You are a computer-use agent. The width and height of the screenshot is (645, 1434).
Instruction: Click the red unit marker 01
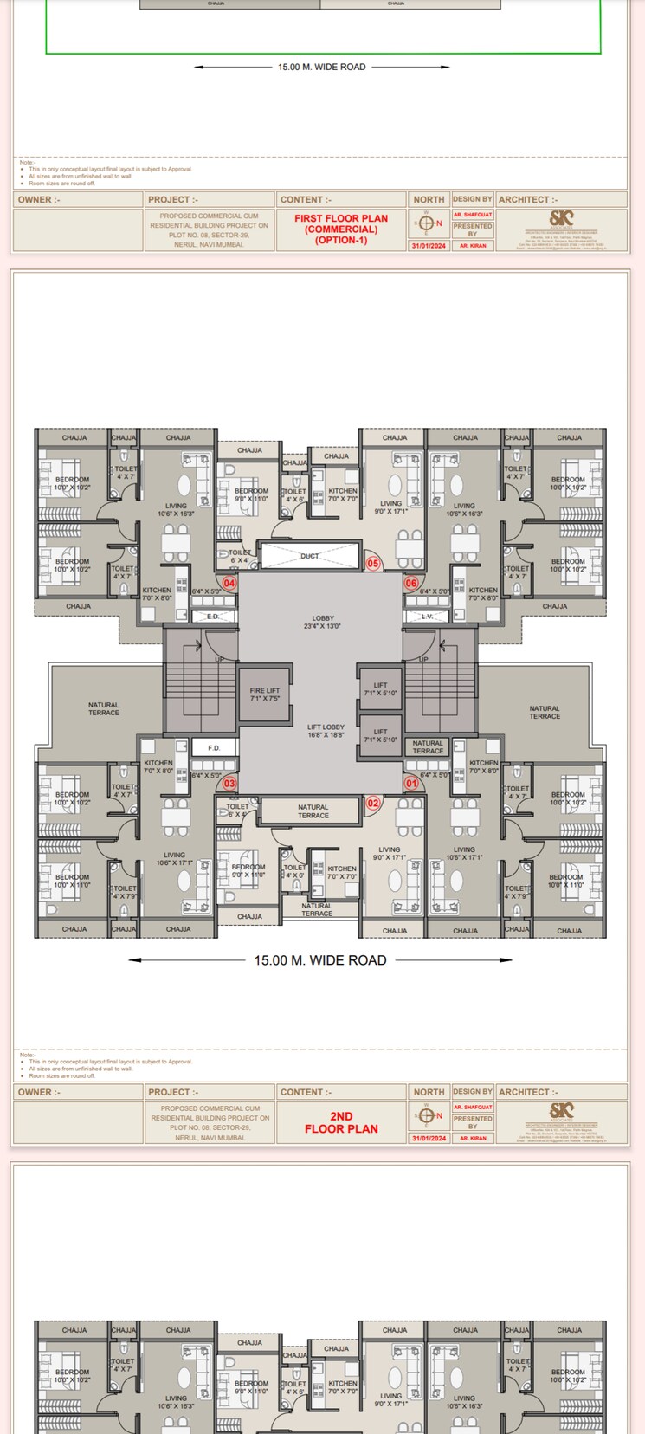pyautogui.click(x=411, y=784)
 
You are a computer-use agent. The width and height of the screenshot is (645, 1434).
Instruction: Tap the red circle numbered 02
pyautogui.click(x=373, y=803)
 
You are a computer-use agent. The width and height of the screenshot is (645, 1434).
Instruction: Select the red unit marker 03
pyautogui.click(x=229, y=784)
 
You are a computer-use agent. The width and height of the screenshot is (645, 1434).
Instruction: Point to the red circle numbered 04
pyautogui.click(x=229, y=583)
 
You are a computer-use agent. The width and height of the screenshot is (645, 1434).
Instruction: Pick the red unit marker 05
pyautogui.click(x=373, y=564)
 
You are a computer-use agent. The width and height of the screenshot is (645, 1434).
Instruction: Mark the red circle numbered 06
pyautogui.click(x=411, y=583)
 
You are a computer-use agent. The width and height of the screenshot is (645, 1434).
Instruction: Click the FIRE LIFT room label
pyautogui.click(x=265, y=694)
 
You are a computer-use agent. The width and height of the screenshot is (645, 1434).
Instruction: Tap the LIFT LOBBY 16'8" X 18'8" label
pyautogui.click(x=326, y=731)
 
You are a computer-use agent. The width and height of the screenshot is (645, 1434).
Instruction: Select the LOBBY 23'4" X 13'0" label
pyautogui.click(x=323, y=622)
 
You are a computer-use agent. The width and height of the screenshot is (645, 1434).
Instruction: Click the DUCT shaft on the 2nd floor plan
pyautogui.click(x=310, y=556)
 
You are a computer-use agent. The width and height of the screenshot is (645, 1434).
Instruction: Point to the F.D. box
pyautogui.click(x=214, y=747)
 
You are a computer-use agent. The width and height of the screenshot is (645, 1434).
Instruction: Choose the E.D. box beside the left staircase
pyautogui.click(x=213, y=617)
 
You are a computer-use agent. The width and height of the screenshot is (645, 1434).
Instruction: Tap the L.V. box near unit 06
pyautogui.click(x=428, y=617)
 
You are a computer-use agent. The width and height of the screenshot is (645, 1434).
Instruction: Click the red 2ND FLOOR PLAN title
pyautogui.click(x=341, y=1122)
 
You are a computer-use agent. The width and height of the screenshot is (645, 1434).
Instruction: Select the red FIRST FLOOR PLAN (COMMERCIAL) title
pyautogui.click(x=341, y=229)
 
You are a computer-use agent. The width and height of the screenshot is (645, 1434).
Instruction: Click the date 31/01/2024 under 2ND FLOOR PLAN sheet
pyautogui.click(x=429, y=1138)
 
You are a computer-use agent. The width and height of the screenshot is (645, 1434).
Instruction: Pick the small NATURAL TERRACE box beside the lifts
pyautogui.click(x=428, y=746)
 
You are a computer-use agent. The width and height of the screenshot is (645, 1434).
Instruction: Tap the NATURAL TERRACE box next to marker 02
pyautogui.click(x=313, y=811)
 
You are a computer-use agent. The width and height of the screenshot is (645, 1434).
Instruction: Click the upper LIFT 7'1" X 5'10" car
pyautogui.click(x=380, y=689)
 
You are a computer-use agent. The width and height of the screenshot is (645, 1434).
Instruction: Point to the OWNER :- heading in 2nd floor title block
pyautogui.click(x=40, y=1092)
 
